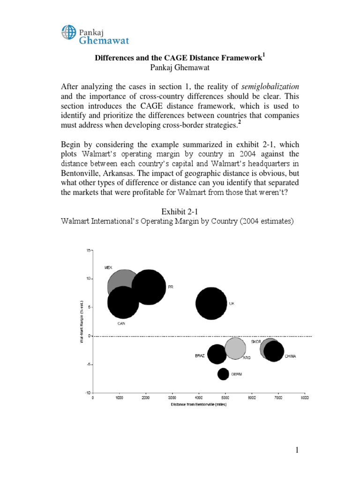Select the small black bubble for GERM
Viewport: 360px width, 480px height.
[x=223, y=374]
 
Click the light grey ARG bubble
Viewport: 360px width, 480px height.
[x=235, y=348]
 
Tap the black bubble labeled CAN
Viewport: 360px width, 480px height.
[x=123, y=302]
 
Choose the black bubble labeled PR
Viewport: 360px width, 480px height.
[x=149, y=287]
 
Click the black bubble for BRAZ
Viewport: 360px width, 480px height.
[x=217, y=354]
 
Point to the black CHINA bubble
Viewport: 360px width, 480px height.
[x=274, y=351]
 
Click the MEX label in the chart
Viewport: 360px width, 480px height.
[x=108, y=267]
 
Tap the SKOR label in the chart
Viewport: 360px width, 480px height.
[x=256, y=341]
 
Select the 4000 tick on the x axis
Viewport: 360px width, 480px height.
[x=199, y=398]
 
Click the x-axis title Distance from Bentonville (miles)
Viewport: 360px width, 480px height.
[x=199, y=405]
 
